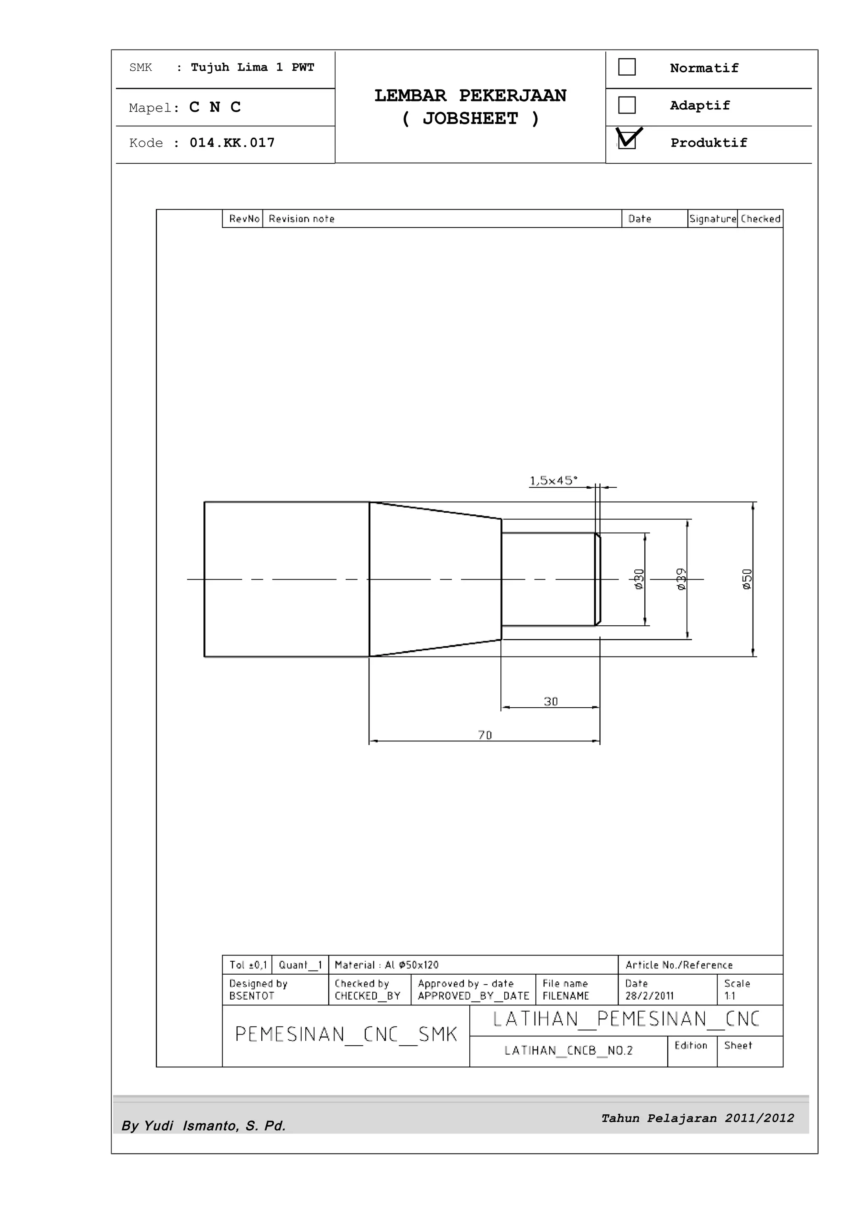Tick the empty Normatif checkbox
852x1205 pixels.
(x=627, y=67)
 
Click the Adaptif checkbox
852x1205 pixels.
(x=627, y=105)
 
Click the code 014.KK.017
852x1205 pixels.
(x=232, y=143)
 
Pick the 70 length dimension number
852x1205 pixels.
(x=485, y=735)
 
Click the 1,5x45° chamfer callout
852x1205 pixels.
(x=553, y=480)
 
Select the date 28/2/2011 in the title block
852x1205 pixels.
(x=649, y=995)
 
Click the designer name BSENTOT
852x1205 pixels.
(x=251, y=995)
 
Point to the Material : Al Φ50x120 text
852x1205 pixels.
(x=386, y=965)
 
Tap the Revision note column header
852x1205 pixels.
(x=301, y=219)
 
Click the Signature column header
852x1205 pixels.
(x=712, y=219)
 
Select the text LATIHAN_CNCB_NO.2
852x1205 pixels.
(x=569, y=1050)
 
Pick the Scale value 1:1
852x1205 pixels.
(x=730, y=995)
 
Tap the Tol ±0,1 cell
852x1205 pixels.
(x=248, y=965)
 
